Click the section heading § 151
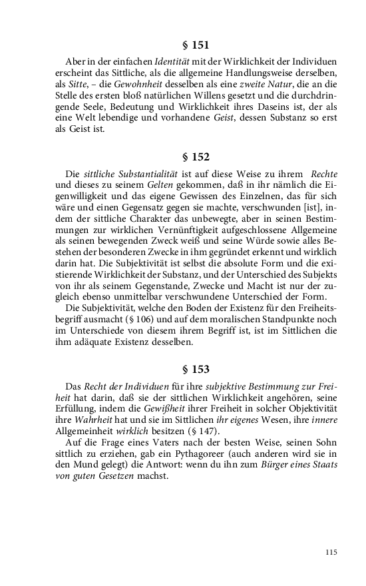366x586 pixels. (x=196, y=45)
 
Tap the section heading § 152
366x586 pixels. (x=196, y=157)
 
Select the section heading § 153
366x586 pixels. (x=196, y=369)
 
